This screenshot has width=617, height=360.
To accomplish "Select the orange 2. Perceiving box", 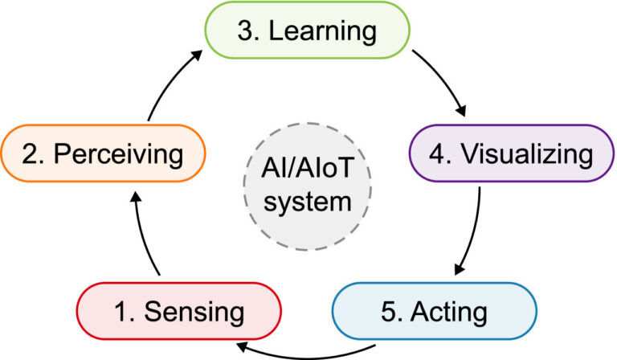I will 103,153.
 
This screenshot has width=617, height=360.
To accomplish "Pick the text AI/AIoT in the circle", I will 308,171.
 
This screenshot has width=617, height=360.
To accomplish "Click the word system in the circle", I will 308,201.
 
